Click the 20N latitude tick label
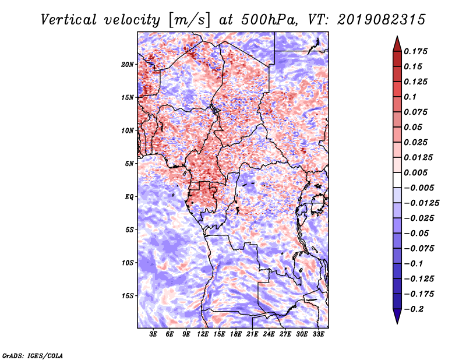[x=128, y=64]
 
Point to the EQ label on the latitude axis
[x=129, y=197]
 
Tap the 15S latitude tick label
[x=128, y=296]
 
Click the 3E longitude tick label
[x=154, y=335]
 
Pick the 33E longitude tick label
[x=318, y=335]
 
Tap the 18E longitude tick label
[x=236, y=335]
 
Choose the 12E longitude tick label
[x=203, y=335]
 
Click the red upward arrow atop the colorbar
[x=396, y=43]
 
